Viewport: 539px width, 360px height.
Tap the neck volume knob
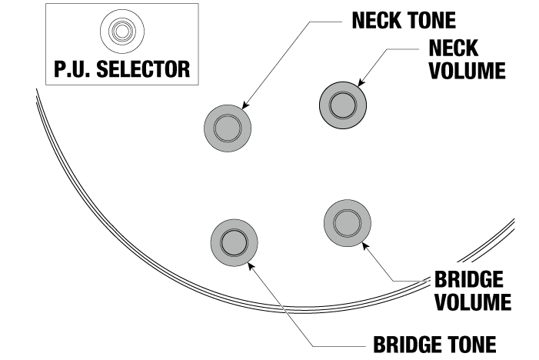pos(342,104)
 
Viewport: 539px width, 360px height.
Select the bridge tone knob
pos(233,242)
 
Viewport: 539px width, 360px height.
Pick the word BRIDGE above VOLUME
pos(468,278)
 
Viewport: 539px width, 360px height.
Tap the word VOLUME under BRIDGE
pos(473,302)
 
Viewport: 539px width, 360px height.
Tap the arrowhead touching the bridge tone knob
pos(251,262)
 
